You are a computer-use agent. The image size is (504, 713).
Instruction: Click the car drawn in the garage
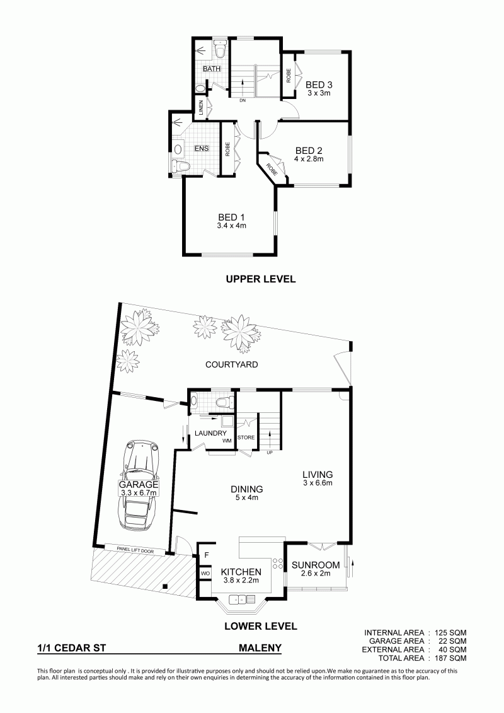point(139,485)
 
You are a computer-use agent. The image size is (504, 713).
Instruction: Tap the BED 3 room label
point(319,84)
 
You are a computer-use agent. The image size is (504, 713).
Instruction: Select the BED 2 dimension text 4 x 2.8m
point(309,159)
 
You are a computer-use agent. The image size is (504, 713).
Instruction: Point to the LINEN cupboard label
point(200,108)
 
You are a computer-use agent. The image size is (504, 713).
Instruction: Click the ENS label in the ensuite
point(202,148)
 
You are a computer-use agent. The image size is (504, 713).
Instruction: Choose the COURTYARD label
point(231,364)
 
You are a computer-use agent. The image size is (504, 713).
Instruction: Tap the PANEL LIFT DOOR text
point(135,550)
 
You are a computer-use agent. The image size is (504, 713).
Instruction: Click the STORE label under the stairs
point(246,438)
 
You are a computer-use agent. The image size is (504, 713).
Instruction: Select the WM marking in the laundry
point(227,441)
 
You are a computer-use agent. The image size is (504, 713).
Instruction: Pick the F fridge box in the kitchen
point(206,555)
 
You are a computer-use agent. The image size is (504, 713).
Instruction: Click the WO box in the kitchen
point(205,574)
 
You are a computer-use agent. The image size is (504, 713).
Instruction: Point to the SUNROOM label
point(316,565)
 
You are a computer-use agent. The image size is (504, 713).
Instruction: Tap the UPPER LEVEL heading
point(261,279)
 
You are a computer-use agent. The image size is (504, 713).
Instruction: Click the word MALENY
point(260,648)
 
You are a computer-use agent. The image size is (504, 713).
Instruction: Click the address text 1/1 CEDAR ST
point(72,648)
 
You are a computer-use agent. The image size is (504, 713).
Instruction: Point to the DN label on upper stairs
point(242,101)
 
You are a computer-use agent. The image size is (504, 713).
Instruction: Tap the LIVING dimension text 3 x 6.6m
point(318,483)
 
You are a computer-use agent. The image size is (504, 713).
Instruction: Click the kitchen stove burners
point(277,564)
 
